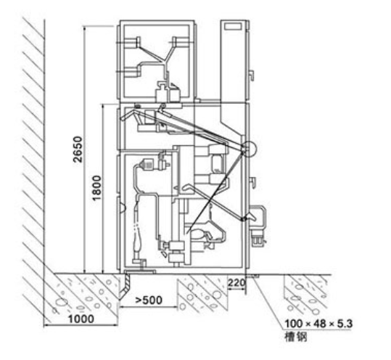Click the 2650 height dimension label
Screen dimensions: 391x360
point(78,150)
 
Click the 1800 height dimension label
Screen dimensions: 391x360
point(96,188)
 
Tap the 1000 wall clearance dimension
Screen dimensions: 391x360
point(81,319)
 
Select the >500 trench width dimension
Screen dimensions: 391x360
point(149,300)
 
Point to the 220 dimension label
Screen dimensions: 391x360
point(236,282)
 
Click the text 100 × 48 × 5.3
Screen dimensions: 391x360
point(318,324)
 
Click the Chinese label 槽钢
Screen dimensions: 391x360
point(296,337)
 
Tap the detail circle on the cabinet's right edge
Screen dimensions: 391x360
point(249,149)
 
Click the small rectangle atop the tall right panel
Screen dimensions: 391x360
point(233,26)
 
